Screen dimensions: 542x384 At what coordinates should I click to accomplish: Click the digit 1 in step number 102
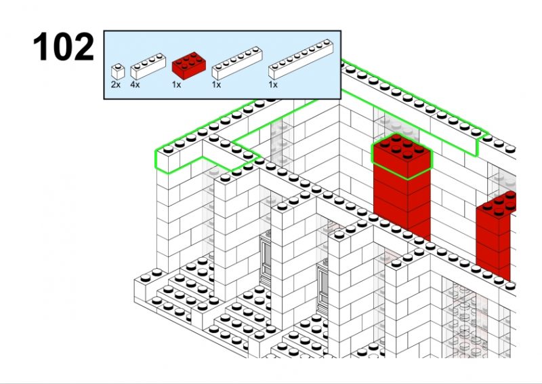pyautogui.click(x=41, y=46)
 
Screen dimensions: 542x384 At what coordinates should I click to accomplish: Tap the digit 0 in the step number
pyautogui.click(x=59, y=46)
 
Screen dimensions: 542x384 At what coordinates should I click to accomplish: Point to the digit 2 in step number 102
pyautogui.click(x=82, y=46)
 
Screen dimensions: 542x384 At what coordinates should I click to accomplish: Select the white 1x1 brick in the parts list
pyautogui.click(x=118, y=71)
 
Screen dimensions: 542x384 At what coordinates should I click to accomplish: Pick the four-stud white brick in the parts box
pyautogui.click(x=148, y=66)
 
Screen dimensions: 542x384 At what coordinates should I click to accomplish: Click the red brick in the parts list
pyautogui.click(x=189, y=65)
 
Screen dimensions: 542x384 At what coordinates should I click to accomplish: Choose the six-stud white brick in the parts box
pyautogui.click(x=237, y=63)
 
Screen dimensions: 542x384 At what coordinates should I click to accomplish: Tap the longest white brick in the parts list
pyautogui.click(x=301, y=59)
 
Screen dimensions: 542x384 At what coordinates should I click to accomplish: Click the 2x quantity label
pyautogui.click(x=116, y=85)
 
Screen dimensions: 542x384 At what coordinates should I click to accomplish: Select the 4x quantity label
pyautogui.click(x=135, y=85)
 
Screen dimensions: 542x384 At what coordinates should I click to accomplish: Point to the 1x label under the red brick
pyautogui.click(x=176, y=85)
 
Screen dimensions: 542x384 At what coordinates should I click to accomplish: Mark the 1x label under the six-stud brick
pyautogui.click(x=216, y=85)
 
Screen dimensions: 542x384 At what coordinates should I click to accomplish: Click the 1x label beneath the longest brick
pyautogui.click(x=273, y=85)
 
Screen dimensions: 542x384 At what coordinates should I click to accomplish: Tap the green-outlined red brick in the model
pyautogui.click(x=402, y=156)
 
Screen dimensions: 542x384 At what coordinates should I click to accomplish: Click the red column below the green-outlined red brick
pyautogui.click(x=402, y=204)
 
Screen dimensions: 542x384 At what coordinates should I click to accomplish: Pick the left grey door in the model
pyautogui.click(x=265, y=260)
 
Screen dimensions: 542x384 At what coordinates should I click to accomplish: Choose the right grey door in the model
pyautogui.click(x=323, y=288)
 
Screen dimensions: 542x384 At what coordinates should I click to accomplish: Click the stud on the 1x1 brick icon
pyautogui.click(x=118, y=65)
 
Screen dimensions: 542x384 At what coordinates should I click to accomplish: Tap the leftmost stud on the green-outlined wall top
pyautogui.click(x=168, y=149)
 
